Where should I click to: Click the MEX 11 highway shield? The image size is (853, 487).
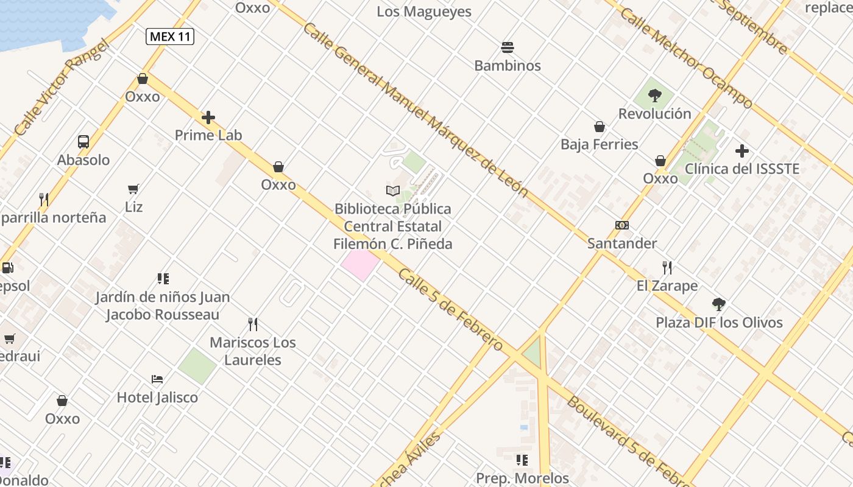170,37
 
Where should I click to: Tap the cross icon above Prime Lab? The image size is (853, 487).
208,117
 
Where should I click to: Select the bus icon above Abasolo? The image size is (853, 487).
83,142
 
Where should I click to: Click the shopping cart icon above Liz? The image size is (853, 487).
133,189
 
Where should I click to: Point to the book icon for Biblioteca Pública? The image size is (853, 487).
393,191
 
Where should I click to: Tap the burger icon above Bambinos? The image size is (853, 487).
508,47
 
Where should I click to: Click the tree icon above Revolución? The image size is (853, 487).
655,95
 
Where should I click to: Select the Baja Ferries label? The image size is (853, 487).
600,144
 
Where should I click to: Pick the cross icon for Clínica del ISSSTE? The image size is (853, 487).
742,150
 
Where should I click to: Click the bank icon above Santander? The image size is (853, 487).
621,225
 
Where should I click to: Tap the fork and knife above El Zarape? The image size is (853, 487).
667,267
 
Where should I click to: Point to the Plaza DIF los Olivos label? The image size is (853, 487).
719,322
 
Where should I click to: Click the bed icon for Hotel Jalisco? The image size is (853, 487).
157,379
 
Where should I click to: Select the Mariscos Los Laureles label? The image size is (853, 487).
253,351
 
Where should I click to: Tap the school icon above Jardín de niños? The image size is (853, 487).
163,279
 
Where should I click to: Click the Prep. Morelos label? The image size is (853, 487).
522,478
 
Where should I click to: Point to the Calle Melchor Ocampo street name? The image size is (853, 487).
686,58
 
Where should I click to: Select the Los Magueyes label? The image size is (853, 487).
424,12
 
